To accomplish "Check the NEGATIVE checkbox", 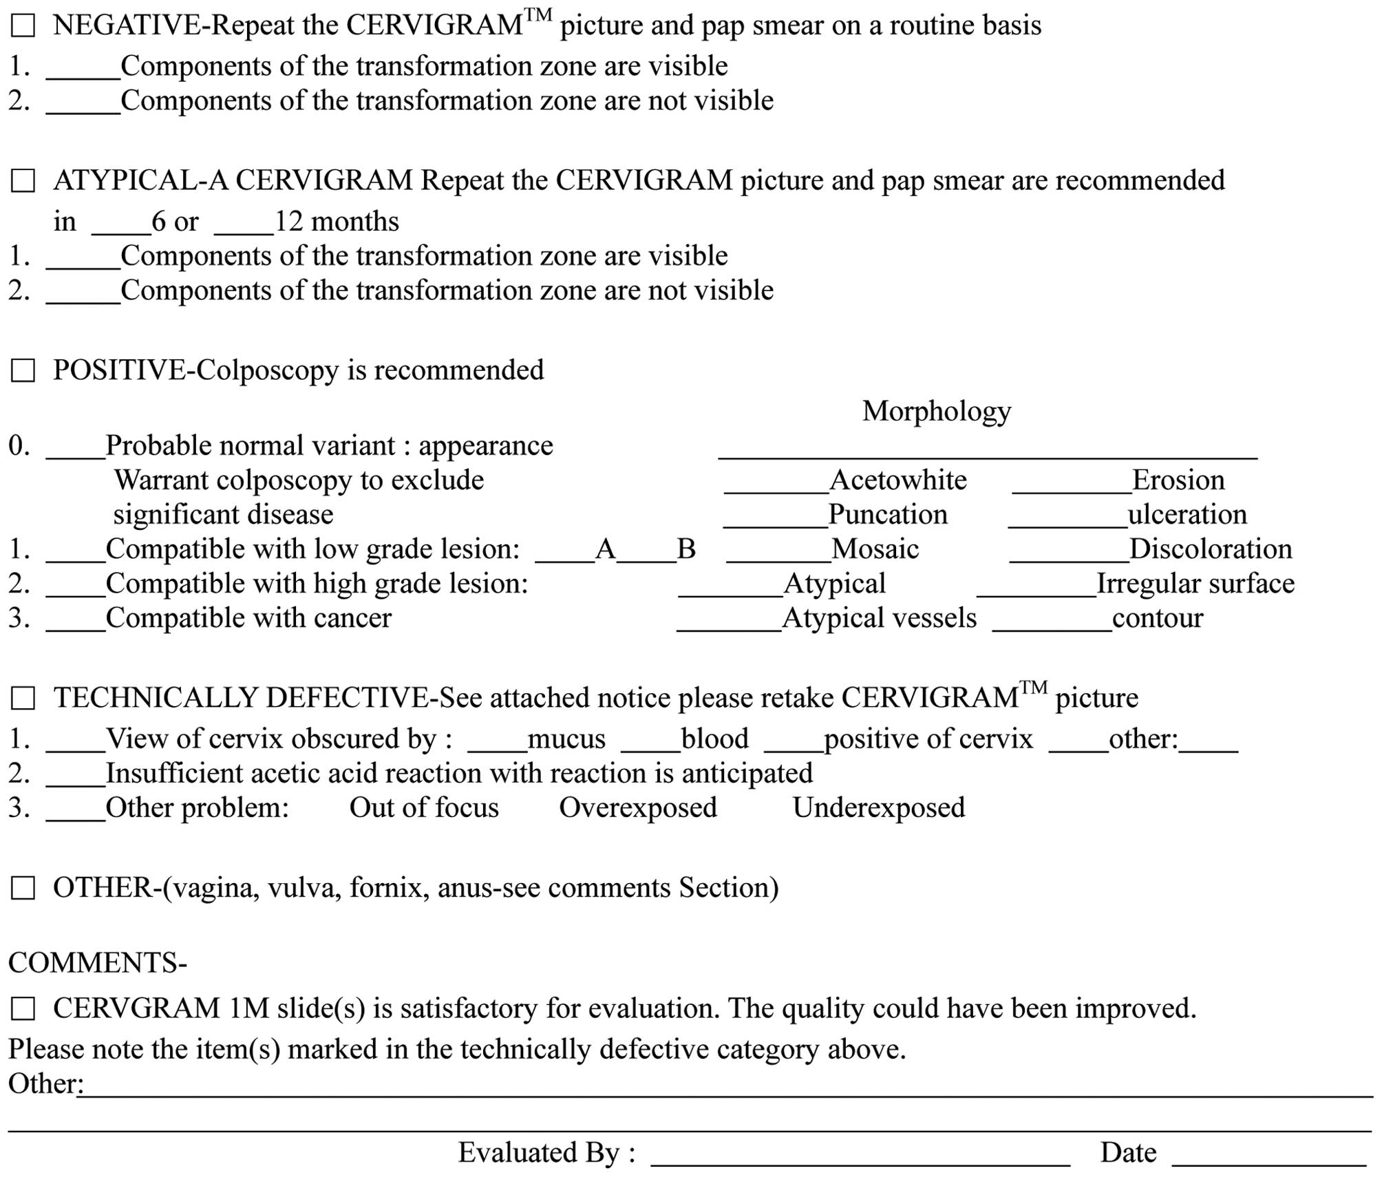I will pos(23,27).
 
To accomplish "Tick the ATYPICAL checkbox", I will pos(23,182).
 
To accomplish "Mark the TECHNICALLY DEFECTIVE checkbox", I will pos(23,699).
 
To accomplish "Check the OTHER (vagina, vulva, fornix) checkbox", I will pos(23,889).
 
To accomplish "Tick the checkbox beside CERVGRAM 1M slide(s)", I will pos(23,1010).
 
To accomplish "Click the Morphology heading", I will pos(937,411).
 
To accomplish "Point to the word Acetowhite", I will pos(898,480).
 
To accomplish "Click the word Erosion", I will pos(1178,480).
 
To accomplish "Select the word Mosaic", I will pos(875,549).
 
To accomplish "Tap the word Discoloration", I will pos(1211,549).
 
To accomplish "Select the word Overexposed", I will pos(638,807).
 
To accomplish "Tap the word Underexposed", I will pos(879,807).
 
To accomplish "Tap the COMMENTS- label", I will pos(98,962).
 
